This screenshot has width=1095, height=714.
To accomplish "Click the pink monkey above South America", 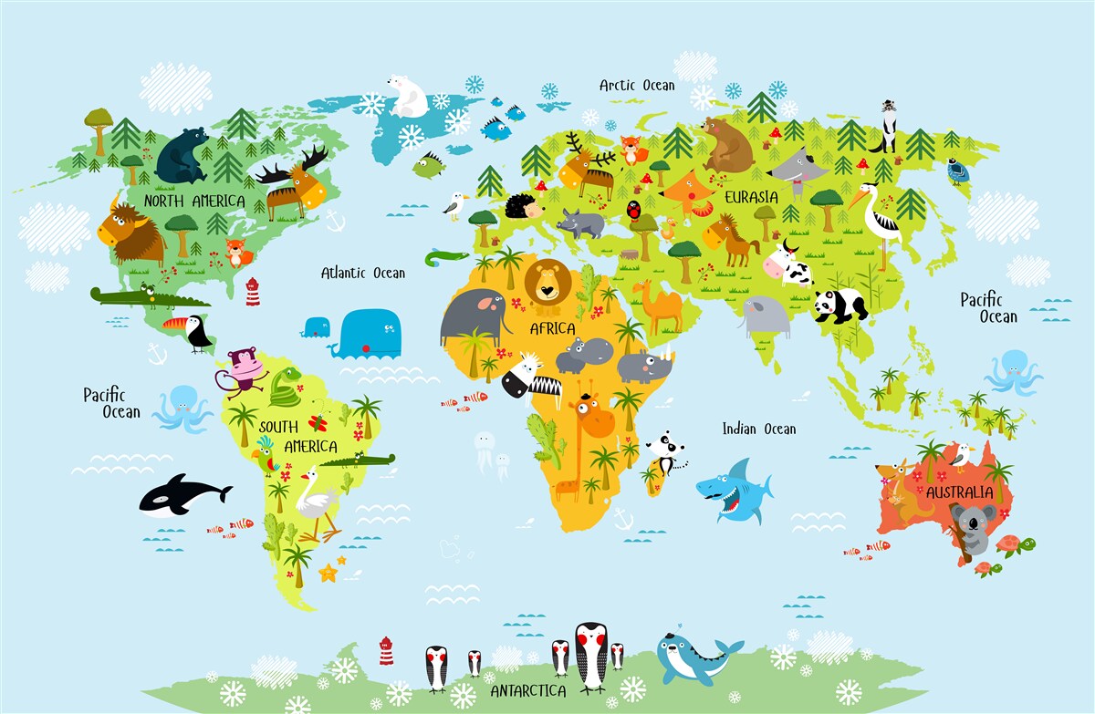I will point(242,369).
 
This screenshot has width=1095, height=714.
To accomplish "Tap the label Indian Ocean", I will point(759,429).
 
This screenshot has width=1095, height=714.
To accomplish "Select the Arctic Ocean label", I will point(637,86).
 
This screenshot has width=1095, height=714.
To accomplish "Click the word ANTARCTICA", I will point(528,690).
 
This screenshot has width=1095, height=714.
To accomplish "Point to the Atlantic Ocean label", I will point(363,273).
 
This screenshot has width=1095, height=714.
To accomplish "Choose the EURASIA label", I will point(751,197).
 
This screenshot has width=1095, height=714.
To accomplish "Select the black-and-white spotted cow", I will point(787,264).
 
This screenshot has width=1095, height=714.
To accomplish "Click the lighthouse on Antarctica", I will point(386,650).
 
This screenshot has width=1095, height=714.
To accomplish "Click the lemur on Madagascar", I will point(663,453).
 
